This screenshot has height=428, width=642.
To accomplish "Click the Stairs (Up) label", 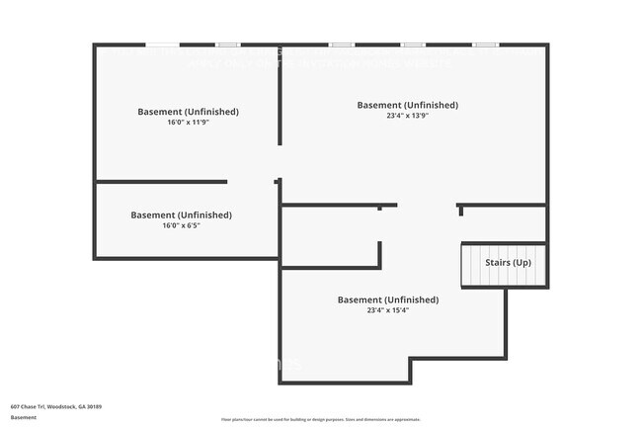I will point(507,262).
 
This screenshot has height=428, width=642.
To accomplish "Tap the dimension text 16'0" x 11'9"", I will point(188,123).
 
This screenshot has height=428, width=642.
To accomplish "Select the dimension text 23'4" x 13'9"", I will point(407,116).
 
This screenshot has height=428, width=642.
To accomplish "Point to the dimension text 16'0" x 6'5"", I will point(182,225).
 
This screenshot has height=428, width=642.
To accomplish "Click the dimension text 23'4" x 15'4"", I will point(388,310).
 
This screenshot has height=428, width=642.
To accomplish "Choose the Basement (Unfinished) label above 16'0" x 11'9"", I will point(188,112).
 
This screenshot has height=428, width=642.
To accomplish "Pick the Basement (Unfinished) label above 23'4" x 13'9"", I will point(407,105).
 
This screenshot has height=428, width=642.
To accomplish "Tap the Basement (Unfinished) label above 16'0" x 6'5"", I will point(182,214).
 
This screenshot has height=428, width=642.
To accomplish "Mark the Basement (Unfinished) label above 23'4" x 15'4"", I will point(388,300).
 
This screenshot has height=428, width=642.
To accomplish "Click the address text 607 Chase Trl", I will point(28,406).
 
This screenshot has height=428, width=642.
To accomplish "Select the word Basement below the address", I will point(24,417).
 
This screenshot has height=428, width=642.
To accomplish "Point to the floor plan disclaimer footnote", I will point(320,420).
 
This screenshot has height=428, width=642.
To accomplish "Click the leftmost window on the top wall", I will point(162,44).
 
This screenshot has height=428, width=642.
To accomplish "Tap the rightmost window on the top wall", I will point(485,44).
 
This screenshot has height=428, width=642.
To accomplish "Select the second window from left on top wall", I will point(228,44).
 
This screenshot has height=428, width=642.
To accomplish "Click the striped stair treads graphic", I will point(504,267).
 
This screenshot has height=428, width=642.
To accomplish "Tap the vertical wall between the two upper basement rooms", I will point(279,109).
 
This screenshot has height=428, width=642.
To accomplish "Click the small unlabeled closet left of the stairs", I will point(331,237).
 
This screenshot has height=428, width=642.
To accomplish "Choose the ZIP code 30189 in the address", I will point(95,406).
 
